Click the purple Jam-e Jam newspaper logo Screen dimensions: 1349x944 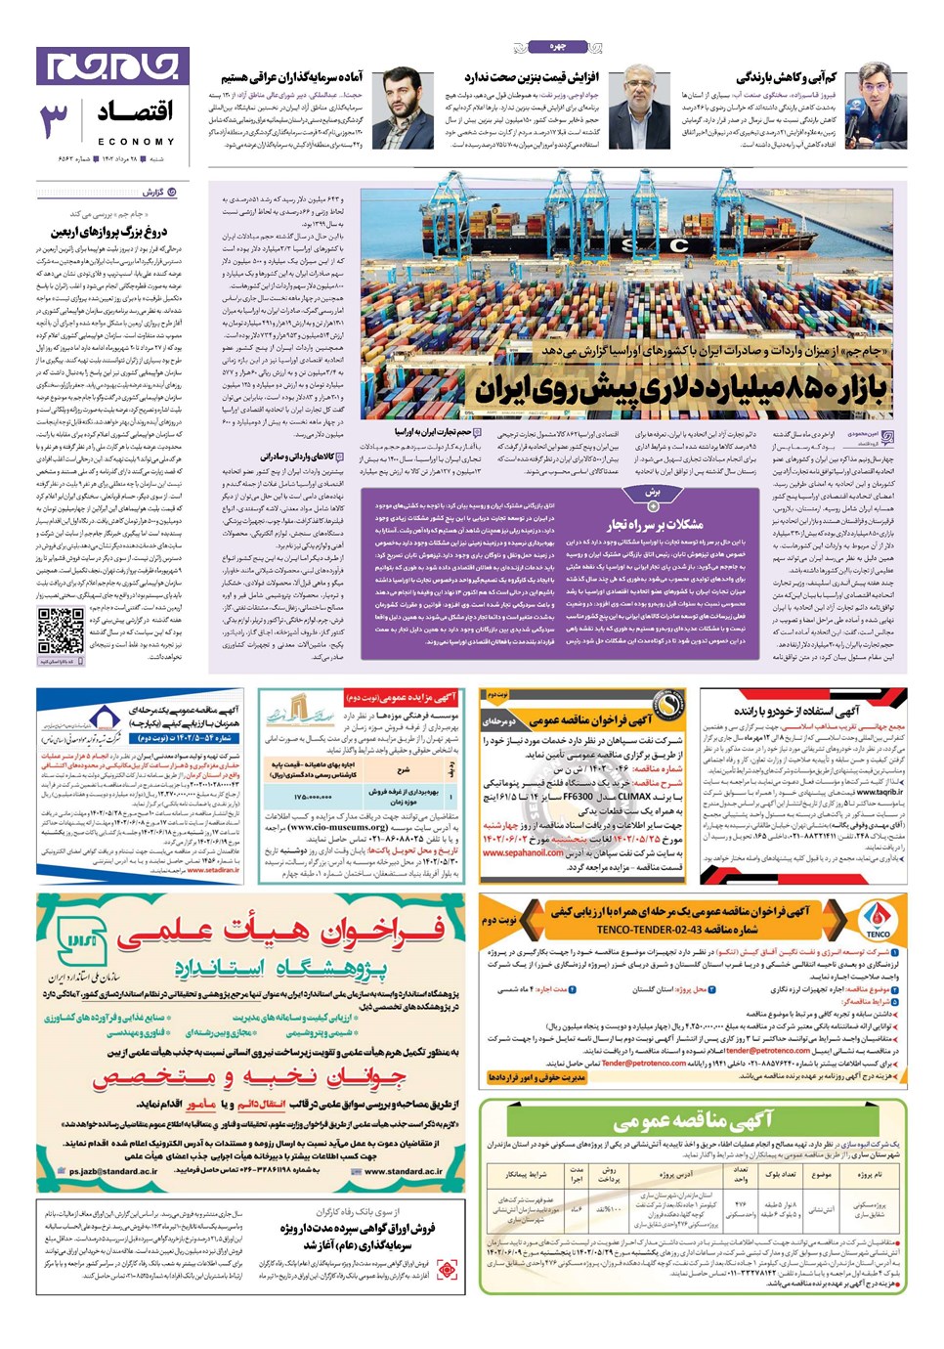(x=112, y=65)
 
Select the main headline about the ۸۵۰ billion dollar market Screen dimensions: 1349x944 (x=682, y=389)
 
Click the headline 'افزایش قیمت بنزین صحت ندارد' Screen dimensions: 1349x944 (x=532, y=78)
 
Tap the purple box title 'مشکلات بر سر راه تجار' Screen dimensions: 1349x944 (x=654, y=524)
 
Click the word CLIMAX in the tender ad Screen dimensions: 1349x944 (x=634, y=797)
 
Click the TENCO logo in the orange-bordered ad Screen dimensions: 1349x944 (x=878, y=918)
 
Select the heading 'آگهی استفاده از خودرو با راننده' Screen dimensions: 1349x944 (x=796, y=711)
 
